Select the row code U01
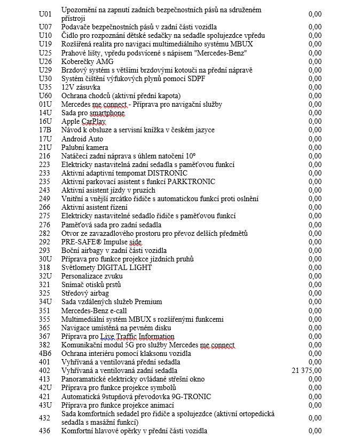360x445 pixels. (45, 14)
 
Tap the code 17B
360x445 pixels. (45, 130)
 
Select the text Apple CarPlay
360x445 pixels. (83, 122)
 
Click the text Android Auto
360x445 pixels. (82, 139)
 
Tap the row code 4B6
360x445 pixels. (45, 353)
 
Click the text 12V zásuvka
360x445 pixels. (81, 87)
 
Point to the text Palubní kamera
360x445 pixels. (85, 147)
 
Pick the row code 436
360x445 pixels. (45, 431)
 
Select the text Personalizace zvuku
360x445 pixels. (92, 276)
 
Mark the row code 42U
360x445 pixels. (45, 387)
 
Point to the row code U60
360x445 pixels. (45, 96)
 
